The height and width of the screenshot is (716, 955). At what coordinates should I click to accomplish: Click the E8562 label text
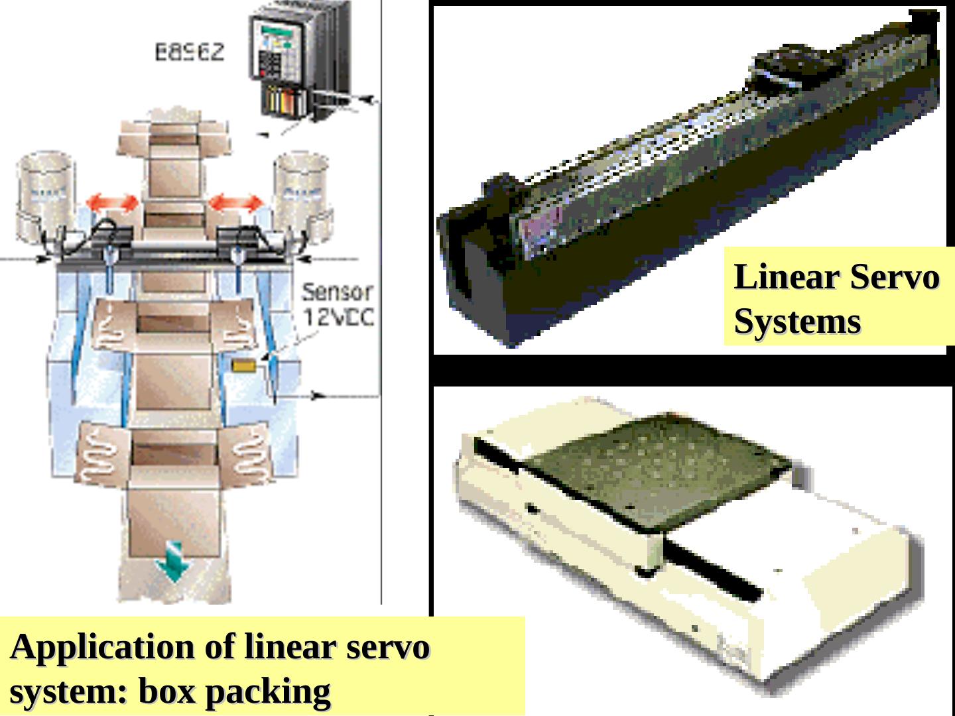190,52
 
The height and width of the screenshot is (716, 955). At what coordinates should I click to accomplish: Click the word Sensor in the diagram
337,292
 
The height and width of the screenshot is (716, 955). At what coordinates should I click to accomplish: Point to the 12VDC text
339,317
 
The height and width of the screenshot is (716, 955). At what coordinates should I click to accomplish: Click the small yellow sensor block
245,365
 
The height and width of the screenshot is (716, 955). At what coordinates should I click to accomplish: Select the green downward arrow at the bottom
172,562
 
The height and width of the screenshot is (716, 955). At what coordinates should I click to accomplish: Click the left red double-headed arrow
113,203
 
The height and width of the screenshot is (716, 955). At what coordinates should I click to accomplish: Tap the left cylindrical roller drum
45,195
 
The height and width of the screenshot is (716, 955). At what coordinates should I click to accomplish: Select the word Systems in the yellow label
797,322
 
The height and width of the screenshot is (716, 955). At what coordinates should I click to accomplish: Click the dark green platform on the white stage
657,467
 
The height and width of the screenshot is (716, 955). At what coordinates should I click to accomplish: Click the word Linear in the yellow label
787,277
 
